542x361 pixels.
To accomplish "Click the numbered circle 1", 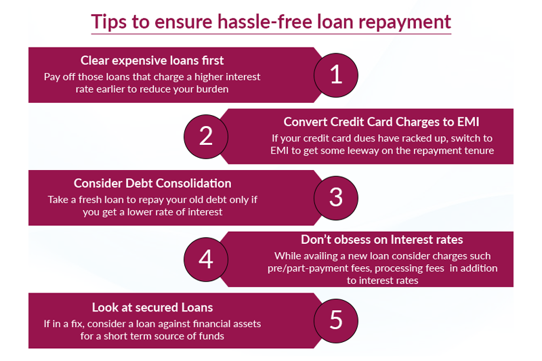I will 336,75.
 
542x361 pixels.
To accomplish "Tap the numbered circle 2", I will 206,136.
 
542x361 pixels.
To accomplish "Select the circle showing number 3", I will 336,197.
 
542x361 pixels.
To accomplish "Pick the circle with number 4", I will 206,259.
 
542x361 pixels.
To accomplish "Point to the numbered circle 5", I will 336,320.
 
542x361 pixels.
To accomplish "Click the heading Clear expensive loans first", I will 152,60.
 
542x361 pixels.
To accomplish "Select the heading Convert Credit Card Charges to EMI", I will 381,122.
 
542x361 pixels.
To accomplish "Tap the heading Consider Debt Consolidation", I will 152,184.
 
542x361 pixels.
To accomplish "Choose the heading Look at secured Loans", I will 152,307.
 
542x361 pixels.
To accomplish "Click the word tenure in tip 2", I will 476,150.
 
